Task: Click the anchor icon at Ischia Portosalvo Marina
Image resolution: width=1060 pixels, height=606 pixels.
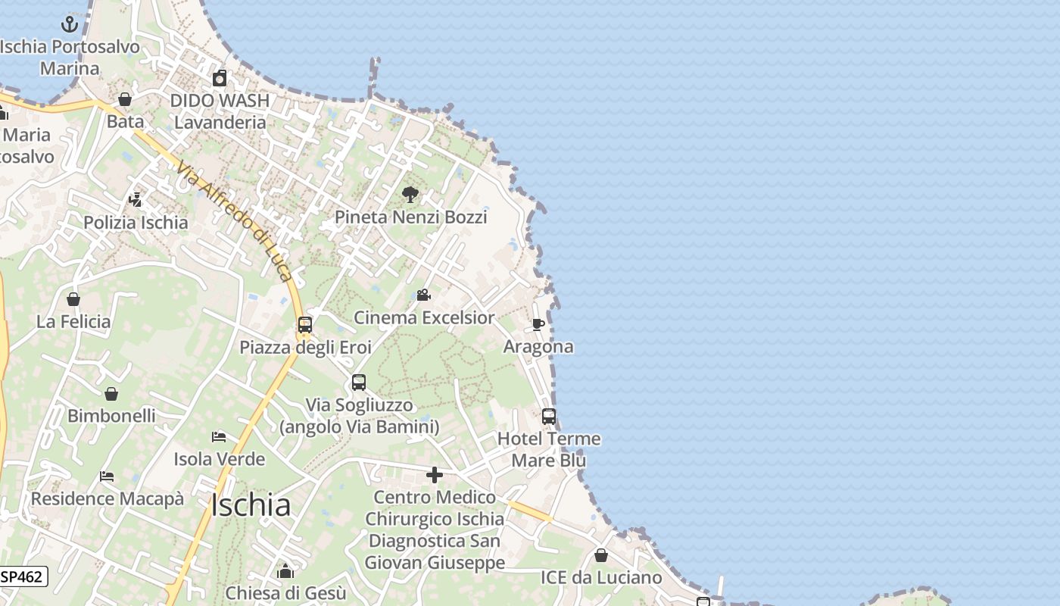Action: pos(70,24)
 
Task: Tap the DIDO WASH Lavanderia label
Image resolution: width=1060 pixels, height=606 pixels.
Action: pos(220,111)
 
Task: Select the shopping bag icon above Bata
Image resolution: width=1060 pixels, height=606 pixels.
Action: pos(125,99)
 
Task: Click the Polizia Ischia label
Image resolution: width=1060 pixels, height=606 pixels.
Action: pos(136,222)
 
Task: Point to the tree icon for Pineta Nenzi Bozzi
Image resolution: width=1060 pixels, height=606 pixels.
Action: pos(410,195)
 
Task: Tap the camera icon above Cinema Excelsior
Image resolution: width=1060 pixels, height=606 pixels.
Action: pos(424,295)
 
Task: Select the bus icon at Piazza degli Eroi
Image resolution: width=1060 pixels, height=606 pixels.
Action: pos(305,325)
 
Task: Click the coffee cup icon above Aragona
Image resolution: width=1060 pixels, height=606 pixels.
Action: pos(538,324)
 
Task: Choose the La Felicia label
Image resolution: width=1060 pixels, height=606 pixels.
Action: pos(73,321)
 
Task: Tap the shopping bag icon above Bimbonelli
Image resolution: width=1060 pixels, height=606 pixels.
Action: pos(111,394)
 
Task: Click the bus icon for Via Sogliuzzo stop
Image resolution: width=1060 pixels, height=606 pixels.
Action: pos(359,383)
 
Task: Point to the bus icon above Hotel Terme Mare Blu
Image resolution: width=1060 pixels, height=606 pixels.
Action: pos(549,417)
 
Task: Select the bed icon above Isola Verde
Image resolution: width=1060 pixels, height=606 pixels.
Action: pos(219,437)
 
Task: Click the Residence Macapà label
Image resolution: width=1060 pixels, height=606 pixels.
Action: pos(107,498)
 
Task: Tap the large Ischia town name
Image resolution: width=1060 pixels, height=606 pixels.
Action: pos(251,505)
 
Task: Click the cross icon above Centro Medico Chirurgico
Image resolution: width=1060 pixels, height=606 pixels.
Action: pos(435,475)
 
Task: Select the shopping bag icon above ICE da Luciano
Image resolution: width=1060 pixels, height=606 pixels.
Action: pos(600,556)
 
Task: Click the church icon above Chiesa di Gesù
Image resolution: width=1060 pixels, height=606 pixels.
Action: pos(285,571)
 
